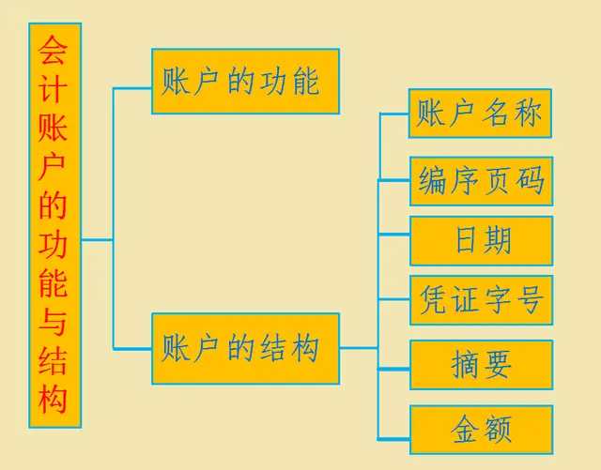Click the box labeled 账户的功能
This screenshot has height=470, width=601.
(x=245, y=82)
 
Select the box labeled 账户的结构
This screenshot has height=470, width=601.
(x=245, y=349)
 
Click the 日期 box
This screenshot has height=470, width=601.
(x=481, y=240)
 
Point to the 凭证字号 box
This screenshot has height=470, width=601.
(x=481, y=300)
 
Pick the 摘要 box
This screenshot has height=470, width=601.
(x=481, y=364)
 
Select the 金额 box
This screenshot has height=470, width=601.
(x=481, y=431)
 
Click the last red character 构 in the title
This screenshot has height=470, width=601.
(x=54, y=400)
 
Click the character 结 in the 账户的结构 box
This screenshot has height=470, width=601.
(x=272, y=349)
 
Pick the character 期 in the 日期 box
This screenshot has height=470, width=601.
(x=498, y=240)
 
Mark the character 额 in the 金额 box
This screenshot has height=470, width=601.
(x=498, y=431)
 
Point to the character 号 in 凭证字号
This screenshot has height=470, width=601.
(x=531, y=300)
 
